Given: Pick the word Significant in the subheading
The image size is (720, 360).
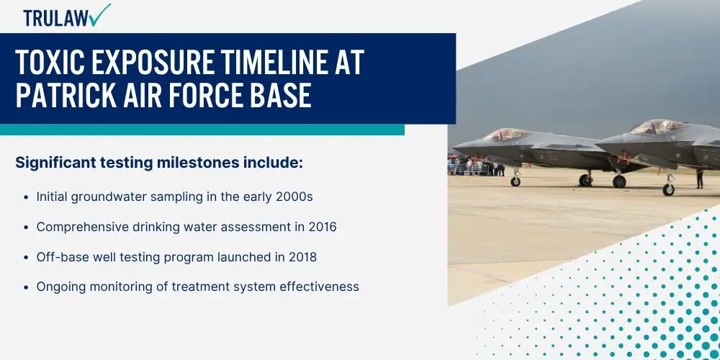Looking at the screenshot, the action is pyautogui.click(x=55, y=163).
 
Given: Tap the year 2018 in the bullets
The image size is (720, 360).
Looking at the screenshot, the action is pyautogui.click(x=302, y=257).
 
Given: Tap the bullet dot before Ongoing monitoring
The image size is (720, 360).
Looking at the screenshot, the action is pyautogui.click(x=26, y=287).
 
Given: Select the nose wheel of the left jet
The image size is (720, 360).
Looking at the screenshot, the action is pyautogui.click(x=516, y=181).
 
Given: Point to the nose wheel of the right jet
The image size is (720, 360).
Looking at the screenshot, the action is pyautogui.click(x=668, y=189).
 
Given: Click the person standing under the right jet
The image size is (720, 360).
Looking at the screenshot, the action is pyautogui.click(x=699, y=179).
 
